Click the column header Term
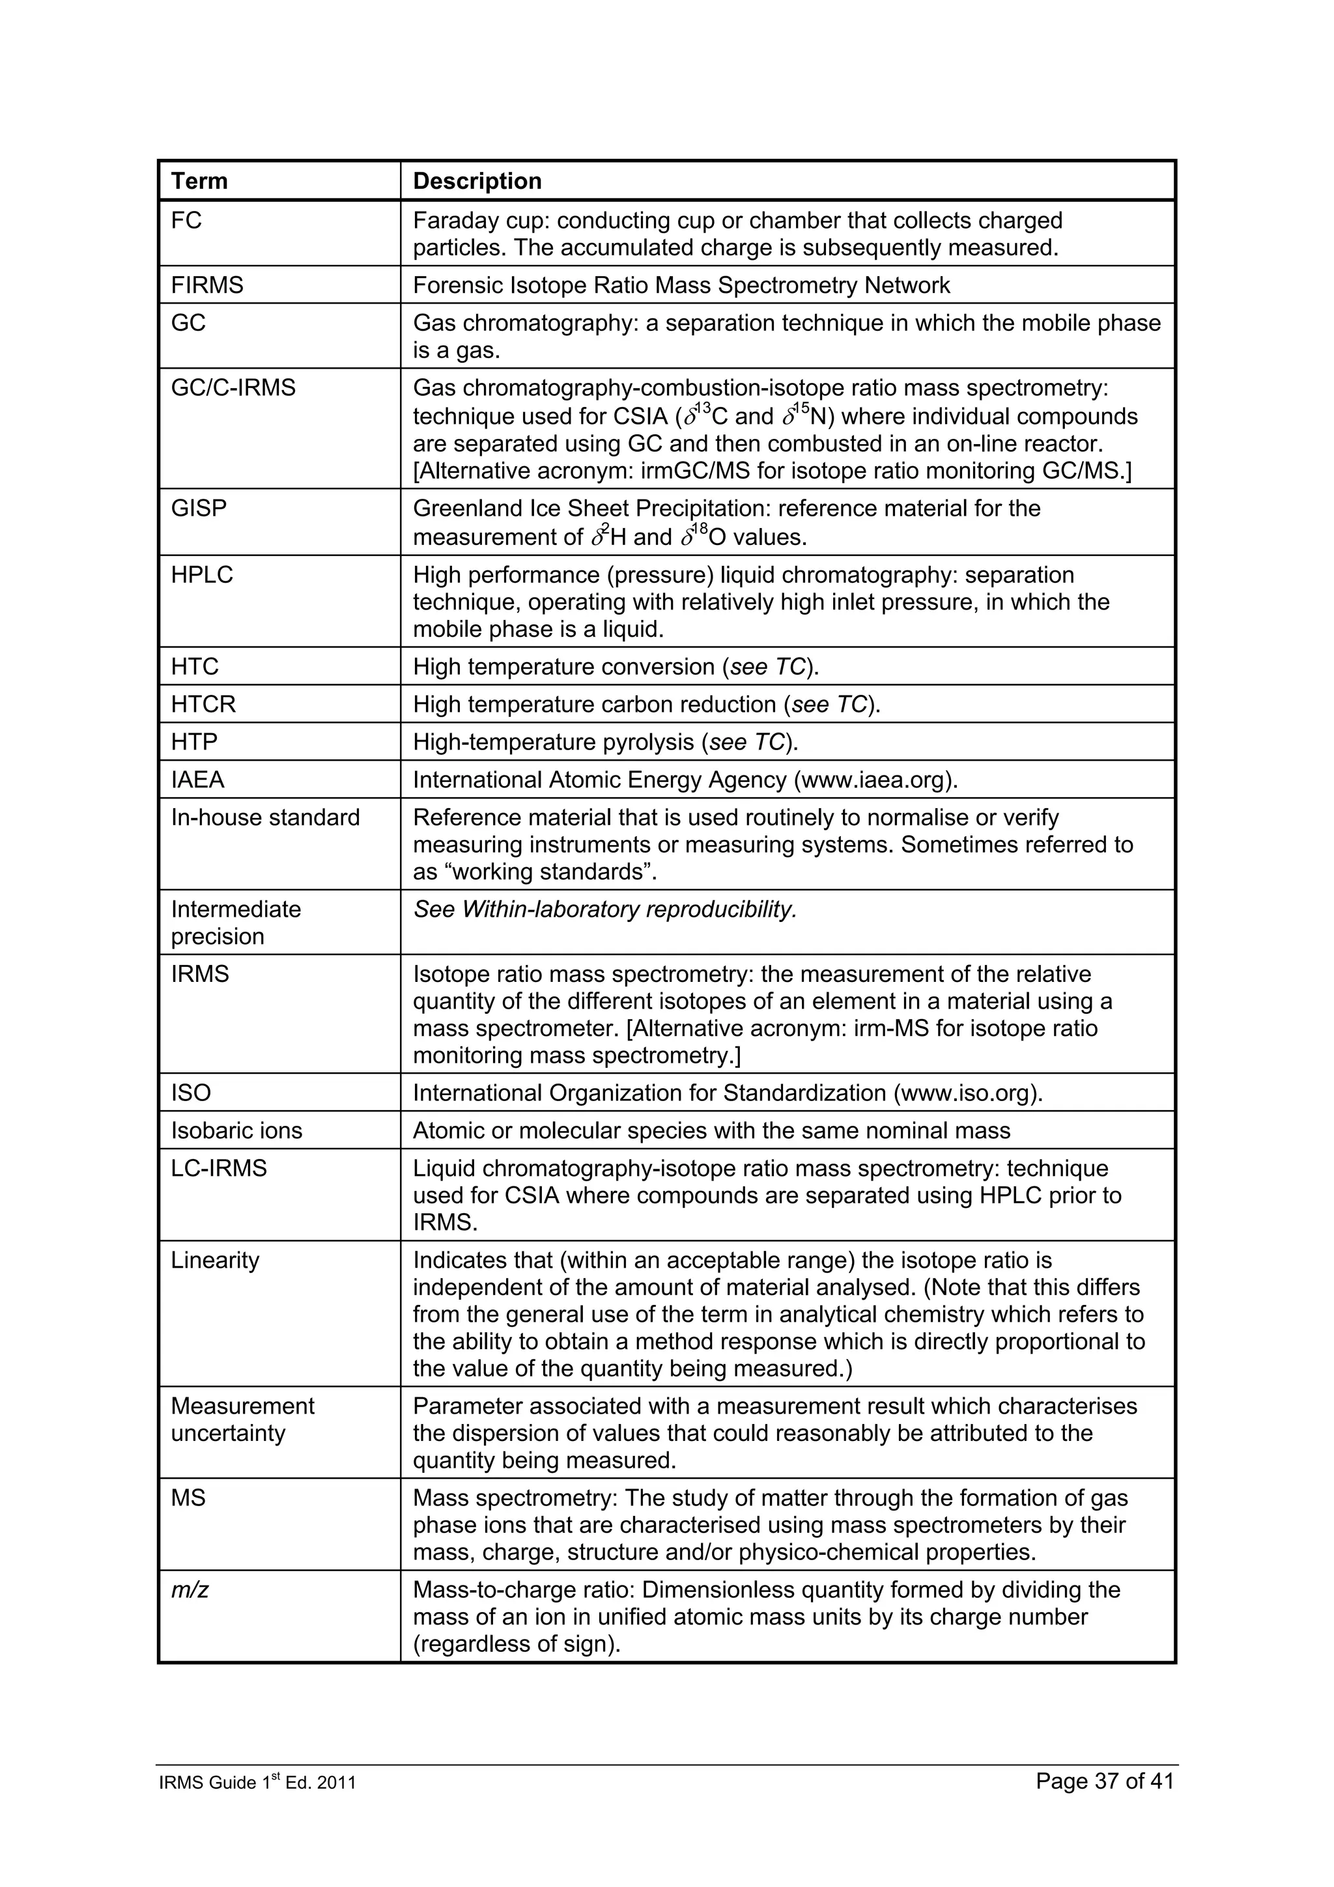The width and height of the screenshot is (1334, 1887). pos(199,181)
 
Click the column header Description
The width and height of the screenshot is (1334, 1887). pos(477,181)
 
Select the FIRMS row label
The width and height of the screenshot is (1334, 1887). pos(207,285)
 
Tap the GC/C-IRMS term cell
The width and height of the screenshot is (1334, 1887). pos(233,388)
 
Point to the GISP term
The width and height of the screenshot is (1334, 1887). pos(198,509)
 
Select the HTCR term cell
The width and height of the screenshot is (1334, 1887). pos(203,705)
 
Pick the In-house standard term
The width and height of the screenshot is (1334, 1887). pos(266,818)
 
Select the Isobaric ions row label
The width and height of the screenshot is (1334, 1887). pos(236,1131)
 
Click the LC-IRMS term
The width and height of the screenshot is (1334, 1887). pos(219,1169)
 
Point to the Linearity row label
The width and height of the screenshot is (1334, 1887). pos(214,1261)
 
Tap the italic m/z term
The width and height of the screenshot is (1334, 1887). pos(189,1590)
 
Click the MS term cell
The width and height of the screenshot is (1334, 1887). pos(188,1498)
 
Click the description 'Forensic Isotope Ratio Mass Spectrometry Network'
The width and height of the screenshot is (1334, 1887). pos(681,285)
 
